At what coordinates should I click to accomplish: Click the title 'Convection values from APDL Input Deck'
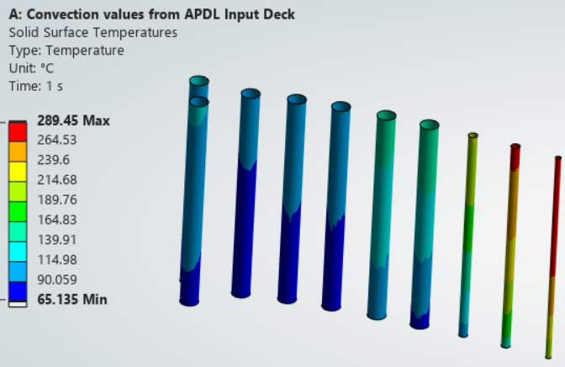161,14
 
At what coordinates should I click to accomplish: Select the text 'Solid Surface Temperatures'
93,33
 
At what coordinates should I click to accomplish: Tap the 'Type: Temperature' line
66,51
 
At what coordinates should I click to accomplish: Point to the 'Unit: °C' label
31,68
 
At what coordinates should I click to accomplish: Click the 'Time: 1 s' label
36,86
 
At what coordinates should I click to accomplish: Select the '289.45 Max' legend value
73,120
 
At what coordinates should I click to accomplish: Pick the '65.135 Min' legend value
72,300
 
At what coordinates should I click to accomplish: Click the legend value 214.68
57,179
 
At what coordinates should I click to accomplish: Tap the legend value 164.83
57,220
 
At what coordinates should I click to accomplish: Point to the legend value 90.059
57,279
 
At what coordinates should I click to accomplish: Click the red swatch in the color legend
18,131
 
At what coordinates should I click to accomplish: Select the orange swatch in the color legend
18,152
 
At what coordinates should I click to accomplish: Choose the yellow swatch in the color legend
18,172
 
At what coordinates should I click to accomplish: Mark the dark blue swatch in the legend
18,291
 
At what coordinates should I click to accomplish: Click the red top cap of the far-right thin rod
558,158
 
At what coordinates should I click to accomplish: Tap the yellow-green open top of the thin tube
473,136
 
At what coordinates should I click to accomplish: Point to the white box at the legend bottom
18,304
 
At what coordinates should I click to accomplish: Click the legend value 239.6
53,160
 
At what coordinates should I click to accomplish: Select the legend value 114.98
57,260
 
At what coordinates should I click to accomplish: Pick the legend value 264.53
57,140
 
